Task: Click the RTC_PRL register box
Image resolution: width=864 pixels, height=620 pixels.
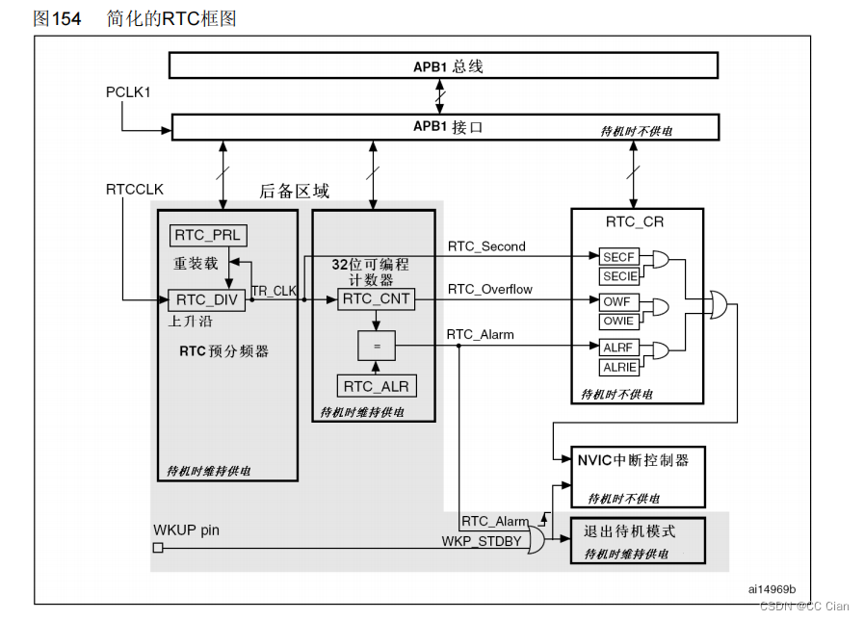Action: click(208, 236)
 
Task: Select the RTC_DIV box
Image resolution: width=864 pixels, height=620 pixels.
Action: click(206, 299)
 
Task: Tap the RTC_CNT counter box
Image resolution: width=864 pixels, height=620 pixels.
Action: click(377, 299)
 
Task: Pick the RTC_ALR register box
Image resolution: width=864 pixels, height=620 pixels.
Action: click(377, 386)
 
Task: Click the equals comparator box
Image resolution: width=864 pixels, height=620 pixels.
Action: click(377, 344)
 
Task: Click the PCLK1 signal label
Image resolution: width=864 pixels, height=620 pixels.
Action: click(129, 91)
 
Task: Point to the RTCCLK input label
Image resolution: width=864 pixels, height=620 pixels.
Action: click(135, 190)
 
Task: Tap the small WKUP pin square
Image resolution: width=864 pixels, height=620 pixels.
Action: click(158, 548)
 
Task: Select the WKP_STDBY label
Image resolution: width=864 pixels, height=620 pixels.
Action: click(482, 541)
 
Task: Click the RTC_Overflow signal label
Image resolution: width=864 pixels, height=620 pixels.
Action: click(489, 289)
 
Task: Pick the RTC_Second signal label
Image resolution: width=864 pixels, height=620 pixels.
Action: click(486, 246)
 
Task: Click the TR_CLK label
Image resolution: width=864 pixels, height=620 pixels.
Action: click(274, 291)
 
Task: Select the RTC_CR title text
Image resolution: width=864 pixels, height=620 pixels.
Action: click(634, 222)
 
